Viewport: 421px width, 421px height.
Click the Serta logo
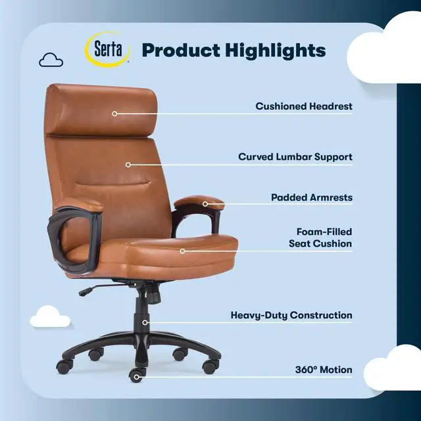108,51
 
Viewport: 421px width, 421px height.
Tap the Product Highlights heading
234,51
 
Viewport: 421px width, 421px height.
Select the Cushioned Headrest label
304,106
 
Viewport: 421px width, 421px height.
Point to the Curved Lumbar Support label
295,157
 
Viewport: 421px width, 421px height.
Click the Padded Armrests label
312,197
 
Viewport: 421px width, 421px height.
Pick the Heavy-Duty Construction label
291,316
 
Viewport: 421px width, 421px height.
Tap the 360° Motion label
324,370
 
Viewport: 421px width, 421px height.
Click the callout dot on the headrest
114,114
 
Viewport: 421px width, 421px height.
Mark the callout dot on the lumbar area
128,165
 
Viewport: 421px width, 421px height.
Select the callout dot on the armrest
205,204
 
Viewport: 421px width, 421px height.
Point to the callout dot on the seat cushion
182,251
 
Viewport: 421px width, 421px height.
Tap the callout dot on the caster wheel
137,377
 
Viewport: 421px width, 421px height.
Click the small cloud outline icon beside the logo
50,61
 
